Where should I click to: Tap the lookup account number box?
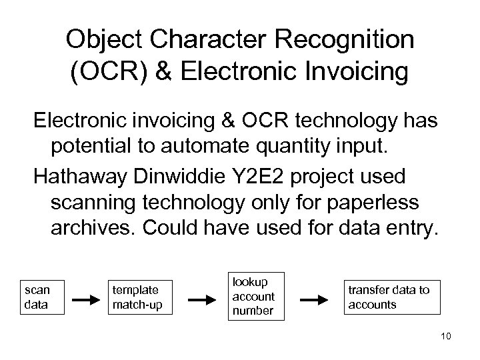[x=253, y=296]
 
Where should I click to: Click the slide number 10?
[x=446, y=337]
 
